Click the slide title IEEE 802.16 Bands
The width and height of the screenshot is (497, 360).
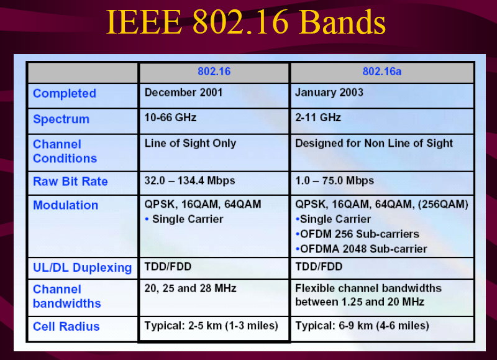click(245, 22)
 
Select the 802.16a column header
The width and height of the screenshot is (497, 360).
click(382, 72)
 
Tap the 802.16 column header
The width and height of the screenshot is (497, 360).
click(214, 72)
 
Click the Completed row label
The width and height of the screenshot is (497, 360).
click(65, 93)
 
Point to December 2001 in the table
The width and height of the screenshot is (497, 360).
click(183, 92)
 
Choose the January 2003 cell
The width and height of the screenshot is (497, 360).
click(329, 92)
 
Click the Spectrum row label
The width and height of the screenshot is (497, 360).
click(61, 119)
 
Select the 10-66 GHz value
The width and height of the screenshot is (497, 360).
click(170, 118)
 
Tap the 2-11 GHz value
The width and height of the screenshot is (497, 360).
click(318, 118)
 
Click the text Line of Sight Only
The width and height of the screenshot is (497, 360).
click(190, 144)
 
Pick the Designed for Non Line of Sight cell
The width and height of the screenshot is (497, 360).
click(374, 144)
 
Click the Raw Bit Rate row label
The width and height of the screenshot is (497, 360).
click(70, 182)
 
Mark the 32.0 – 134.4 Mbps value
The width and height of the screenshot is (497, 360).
click(189, 180)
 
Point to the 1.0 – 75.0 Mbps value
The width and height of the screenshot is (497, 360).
click(334, 180)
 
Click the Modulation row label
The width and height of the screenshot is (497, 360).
click(66, 205)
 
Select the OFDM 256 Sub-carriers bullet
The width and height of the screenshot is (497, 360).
click(357, 234)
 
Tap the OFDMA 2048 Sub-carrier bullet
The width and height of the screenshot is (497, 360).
click(361, 249)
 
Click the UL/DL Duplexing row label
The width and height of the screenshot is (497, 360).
click(83, 268)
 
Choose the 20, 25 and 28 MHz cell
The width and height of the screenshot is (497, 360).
click(190, 288)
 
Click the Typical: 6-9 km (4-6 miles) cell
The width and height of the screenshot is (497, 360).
click(362, 326)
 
